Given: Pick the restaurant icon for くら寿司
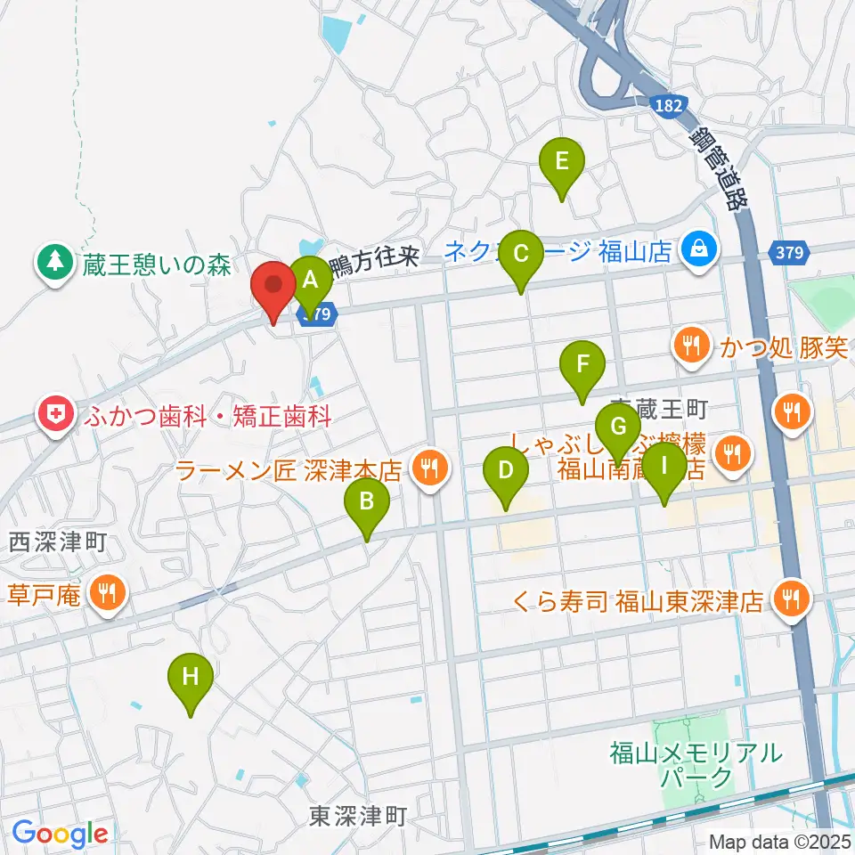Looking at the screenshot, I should [x=790, y=599].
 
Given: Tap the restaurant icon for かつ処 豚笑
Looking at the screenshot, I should [x=692, y=346].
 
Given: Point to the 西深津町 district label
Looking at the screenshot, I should [x=59, y=540].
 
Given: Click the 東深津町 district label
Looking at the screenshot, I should [x=358, y=814].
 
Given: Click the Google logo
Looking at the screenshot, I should [x=60, y=834].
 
